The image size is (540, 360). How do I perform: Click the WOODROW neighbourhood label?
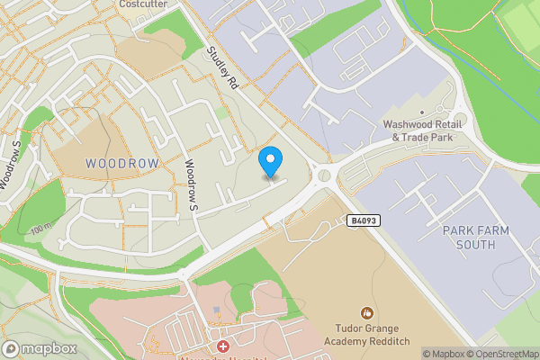click(121, 163)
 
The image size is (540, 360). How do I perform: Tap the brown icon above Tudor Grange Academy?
click(366, 313)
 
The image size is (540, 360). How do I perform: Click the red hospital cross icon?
click(222, 346)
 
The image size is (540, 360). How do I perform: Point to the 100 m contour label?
click(41, 230)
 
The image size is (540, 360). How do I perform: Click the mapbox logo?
click(39, 348)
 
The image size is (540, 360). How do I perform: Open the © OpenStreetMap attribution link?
click(502, 354)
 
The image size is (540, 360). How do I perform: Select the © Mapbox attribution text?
click(442, 354)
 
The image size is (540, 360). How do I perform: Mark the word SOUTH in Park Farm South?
click(475, 244)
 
